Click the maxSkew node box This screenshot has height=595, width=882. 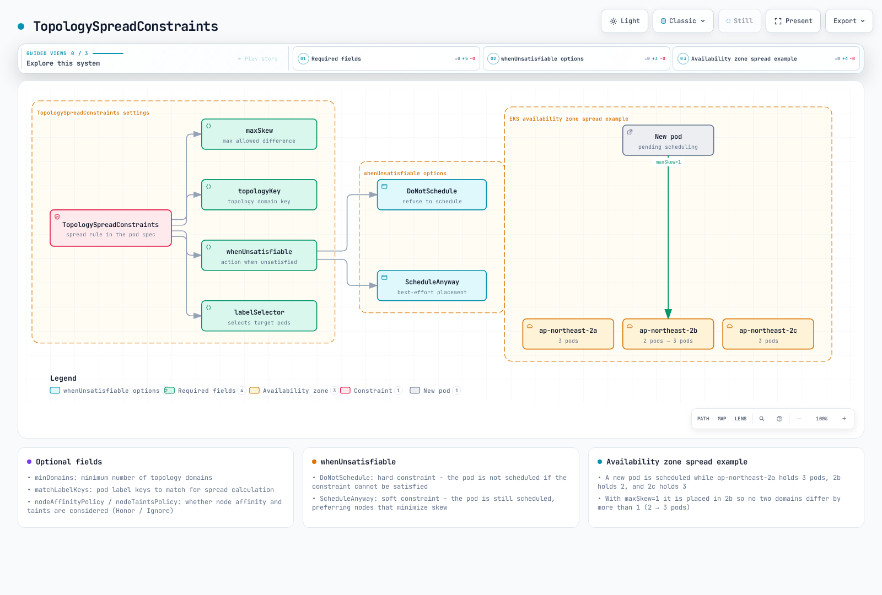[259, 134]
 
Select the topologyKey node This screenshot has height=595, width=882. [259, 195]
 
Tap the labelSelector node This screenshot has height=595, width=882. [259, 316]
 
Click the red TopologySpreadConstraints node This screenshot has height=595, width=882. [111, 228]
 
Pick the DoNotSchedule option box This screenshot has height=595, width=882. [432, 195]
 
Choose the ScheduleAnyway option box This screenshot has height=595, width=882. [432, 286]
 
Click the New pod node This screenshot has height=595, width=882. [668, 140]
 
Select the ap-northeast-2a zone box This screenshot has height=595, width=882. [568, 334]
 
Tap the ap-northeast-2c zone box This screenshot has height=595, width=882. [768, 334]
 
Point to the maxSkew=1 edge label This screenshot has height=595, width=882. [668, 162]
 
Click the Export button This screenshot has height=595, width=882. [849, 21]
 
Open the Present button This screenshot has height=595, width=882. [793, 21]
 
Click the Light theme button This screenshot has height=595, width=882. [625, 21]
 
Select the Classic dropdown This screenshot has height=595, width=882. [683, 21]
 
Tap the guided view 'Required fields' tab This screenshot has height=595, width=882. [386, 58]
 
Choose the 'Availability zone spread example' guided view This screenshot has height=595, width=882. [766, 58]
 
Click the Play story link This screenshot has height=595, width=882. [259, 58]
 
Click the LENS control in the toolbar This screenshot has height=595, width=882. [741, 419]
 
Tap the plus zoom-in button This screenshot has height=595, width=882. [844, 419]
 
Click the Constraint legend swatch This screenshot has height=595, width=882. [345, 391]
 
